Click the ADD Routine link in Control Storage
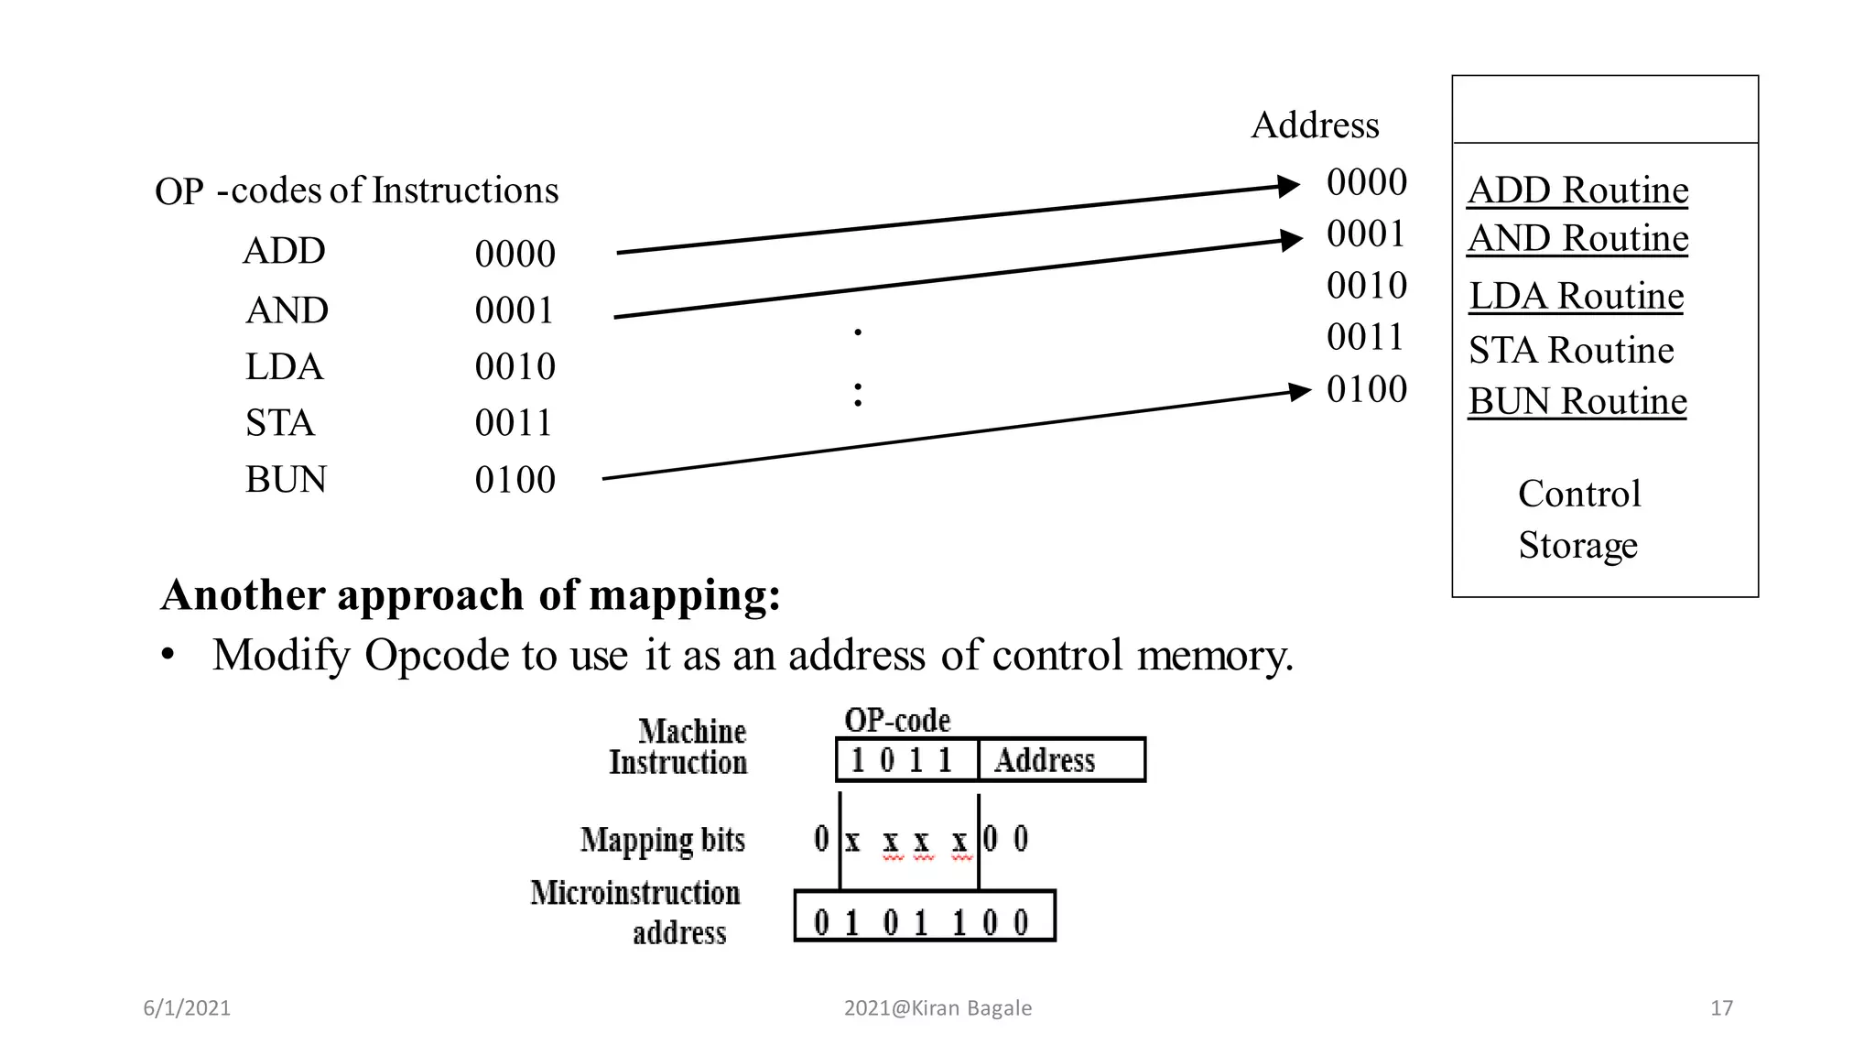(1577, 190)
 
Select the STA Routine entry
(1571, 350)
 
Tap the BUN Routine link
(1577, 401)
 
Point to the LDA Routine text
(1576, 296)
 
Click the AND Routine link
(1577, 238)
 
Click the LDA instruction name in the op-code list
(284, 366)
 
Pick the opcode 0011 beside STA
(515, 423)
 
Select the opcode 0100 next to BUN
(515, 480)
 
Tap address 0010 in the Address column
(1366, 286)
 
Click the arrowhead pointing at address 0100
(1300, 392)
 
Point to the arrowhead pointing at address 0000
(1289, 186)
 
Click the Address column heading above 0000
(1315, 125)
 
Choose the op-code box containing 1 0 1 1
(906, 760)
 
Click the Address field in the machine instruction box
(1060, 760)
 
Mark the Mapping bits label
(662, 840)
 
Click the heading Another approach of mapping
(471, 595)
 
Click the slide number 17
(1721, 1008)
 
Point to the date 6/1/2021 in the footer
(187, 1008)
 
